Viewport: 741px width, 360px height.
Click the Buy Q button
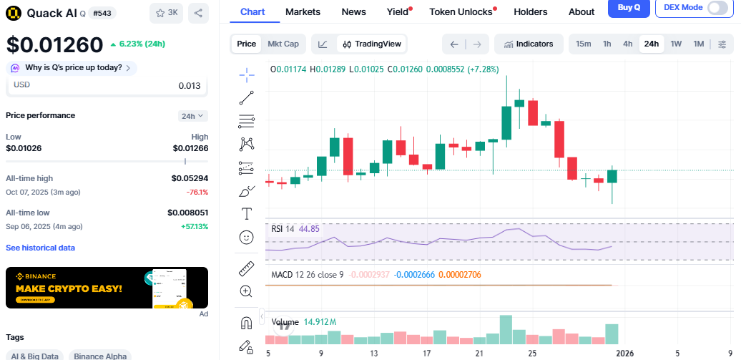click(x=629, y=8)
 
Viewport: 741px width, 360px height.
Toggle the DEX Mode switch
click(x=717, y=8)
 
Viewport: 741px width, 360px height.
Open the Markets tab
click(x=303, y=11)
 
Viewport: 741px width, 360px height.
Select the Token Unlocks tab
click(x=461, y=11)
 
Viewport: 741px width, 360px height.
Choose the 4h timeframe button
click(x=627, y=44)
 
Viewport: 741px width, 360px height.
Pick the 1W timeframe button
click(x=675, y=44)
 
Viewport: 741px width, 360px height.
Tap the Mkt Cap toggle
click(x=283, y=44)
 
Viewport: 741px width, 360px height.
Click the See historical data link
click(x=40, y=248)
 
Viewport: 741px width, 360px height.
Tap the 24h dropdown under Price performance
click(x=193, y=115)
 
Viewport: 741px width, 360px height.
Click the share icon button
click(x=199, y=12)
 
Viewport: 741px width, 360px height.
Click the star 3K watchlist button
click(x=167, y=12)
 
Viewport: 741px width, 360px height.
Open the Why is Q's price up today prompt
click(x=72, y=68)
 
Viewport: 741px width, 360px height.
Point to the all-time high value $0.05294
click(x=190, y=178)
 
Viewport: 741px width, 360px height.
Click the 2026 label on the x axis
click(x=625, y=353)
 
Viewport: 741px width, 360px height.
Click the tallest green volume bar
click(x=506, y=330)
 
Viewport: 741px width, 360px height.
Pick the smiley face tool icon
click(x=246, y=236)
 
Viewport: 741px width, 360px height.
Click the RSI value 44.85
click(x=309, y=229)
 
